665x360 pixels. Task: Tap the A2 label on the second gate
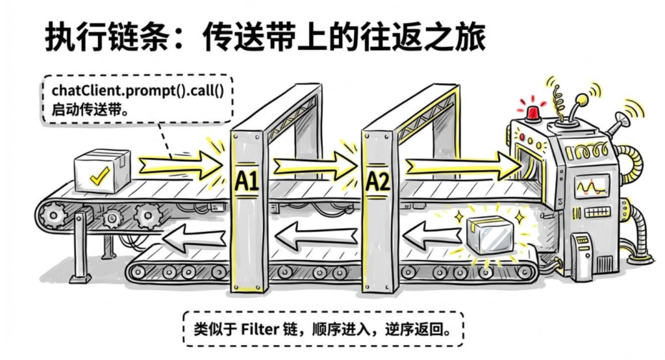(x=377, y=181)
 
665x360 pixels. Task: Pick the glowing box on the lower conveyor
(x=492, y=235)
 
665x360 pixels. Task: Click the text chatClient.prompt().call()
(x=137, y=90)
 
